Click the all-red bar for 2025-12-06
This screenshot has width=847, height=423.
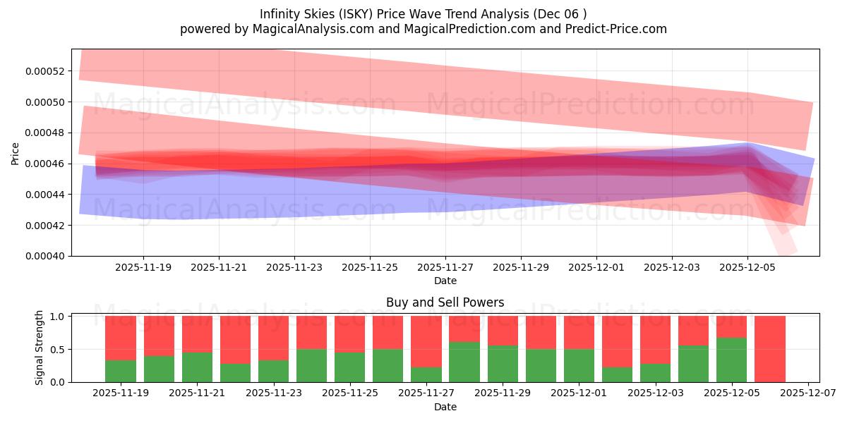click(769, 349)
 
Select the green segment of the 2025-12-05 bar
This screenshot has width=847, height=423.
click(731, 360)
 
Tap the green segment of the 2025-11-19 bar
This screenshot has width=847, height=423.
click(121, 372)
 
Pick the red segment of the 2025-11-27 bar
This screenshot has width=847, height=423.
click(426, 341)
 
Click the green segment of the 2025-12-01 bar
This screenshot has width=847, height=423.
click(579, 366)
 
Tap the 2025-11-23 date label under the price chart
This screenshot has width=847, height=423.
click(294, 268)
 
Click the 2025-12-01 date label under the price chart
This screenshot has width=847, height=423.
click(596, 268)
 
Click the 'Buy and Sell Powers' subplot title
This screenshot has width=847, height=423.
click(445, 302)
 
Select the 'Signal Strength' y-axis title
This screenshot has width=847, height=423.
click(40, 348)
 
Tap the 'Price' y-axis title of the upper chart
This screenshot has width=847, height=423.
click(16, 153)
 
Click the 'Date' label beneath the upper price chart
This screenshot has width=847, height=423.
click(445, 281)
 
